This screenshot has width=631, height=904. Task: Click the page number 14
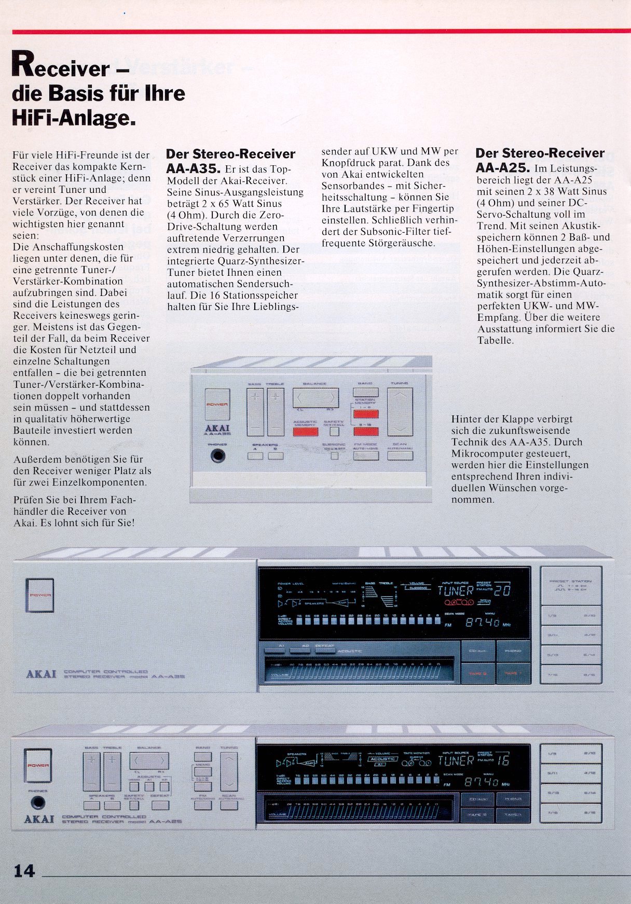[x=24, y=870]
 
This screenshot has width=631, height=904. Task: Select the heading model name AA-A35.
[x=194, y=168]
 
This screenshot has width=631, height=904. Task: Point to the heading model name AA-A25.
[x=502, y=168]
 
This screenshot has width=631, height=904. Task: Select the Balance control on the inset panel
[x=315, y=398]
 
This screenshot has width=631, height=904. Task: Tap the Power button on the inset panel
[x=217, y=404]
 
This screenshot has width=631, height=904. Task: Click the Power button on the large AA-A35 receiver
[x=39, y=595]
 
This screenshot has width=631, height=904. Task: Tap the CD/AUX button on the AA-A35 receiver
[x=478, y=651]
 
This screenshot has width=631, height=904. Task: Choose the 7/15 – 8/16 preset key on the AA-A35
[x=571, y=675]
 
